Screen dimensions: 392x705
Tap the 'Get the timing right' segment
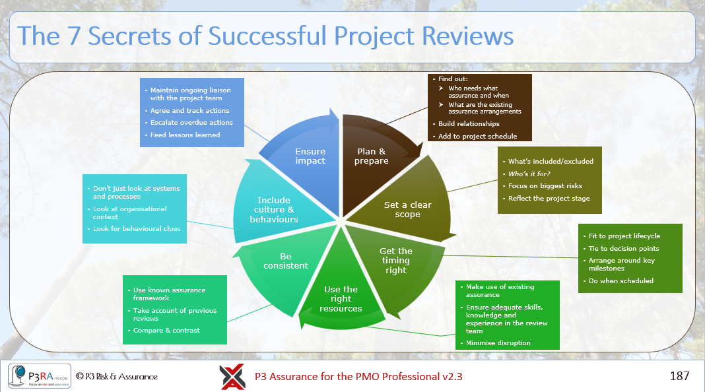396,260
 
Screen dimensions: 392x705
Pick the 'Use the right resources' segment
341,298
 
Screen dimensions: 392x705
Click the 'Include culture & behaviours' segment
273,209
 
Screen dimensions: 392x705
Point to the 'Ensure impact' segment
310,156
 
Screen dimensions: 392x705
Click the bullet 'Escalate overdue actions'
191,123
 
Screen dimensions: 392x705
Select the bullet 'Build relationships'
469,124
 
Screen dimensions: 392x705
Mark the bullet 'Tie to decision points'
623,249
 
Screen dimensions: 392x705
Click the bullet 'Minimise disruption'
498,343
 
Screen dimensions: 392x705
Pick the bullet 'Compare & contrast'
166,331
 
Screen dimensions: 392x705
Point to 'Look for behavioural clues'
137,229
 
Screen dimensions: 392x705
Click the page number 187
679,376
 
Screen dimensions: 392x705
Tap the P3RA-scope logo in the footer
39,376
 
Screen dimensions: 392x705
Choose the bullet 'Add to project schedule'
477,137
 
